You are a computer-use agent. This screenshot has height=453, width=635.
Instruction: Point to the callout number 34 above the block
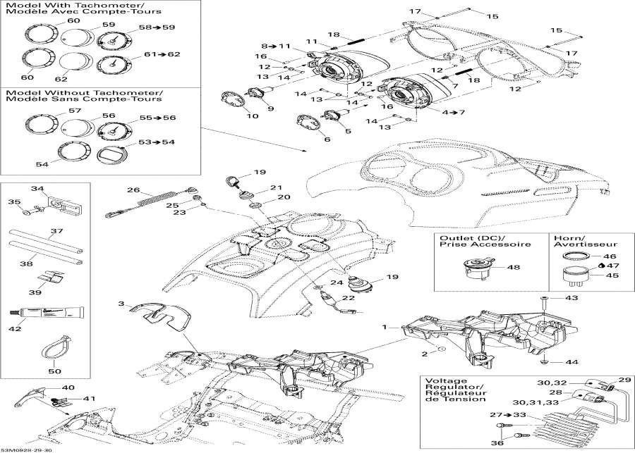coord(37,189)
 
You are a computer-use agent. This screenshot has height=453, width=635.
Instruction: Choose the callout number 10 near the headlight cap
coord(252,116)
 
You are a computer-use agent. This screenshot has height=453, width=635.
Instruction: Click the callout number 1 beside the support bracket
coord(385,327)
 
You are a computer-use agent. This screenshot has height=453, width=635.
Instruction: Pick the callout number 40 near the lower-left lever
coord(68,387)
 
